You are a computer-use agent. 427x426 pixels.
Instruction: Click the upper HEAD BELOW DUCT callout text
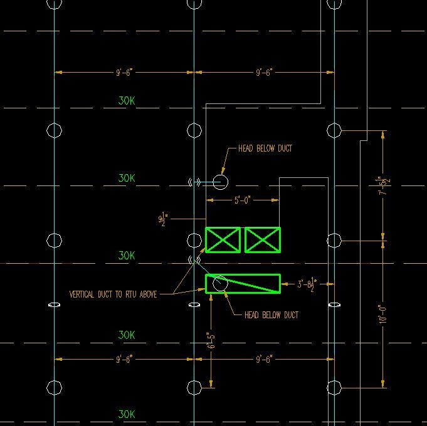[x=265, y=148]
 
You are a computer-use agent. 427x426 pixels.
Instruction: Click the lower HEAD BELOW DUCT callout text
[x=271, y=314]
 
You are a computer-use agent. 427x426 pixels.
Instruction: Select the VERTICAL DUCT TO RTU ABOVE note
[x=113, y=293]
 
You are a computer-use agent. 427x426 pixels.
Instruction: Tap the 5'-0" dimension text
[x=242, y=200]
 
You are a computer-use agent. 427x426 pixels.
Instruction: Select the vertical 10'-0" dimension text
[x=382, y=313]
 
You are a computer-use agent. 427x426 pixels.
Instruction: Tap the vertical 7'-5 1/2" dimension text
[x=382, y=185]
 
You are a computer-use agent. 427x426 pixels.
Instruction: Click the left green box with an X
[x=223, y=240]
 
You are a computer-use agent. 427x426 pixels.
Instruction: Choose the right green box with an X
[x=262, y=240]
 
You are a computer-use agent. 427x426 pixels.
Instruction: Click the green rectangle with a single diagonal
[x=243, y=284]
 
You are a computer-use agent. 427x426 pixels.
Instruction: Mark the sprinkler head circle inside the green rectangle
[x=219, y=283]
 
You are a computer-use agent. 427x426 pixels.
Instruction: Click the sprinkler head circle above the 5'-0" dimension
[x=219, y=182]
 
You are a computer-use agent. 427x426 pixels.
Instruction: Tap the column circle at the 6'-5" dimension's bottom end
[x=194, y=388]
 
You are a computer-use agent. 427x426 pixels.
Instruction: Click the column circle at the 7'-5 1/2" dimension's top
[x=334, y=130]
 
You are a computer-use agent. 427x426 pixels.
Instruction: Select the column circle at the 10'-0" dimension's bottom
[x=334, y=388]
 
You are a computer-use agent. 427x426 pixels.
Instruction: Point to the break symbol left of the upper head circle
[x=194, y=182]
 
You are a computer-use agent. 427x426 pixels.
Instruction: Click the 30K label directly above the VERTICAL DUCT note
[x=127, y=256]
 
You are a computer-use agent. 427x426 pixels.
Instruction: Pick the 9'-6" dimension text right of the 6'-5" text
[x=263, y=358]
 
